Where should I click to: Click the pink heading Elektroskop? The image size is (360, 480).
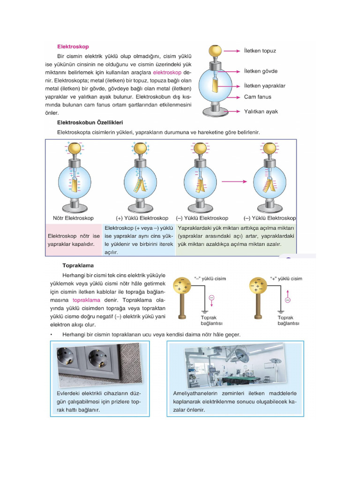73,46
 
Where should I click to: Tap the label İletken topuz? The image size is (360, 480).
260,50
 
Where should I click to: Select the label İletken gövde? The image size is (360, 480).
261,71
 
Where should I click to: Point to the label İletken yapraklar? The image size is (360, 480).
264,86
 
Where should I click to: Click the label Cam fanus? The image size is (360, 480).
257,97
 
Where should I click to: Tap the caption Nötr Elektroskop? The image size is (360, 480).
73,218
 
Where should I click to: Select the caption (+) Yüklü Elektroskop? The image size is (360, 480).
142,218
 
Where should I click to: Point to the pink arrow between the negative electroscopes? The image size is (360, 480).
234,181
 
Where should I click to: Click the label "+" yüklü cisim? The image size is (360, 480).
286,278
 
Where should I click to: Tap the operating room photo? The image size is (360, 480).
235,364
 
